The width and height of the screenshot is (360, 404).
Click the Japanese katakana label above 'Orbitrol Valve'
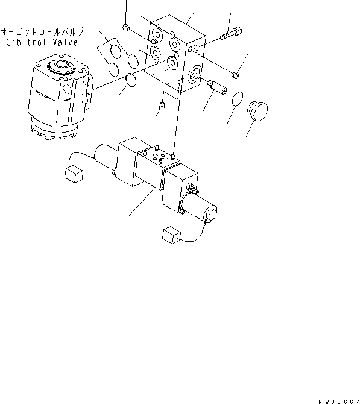coord(42,31)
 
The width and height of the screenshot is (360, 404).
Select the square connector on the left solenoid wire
coord(72,174)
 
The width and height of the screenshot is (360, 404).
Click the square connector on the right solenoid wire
coord(171,236)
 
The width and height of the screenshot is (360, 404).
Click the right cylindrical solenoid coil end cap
coord(210,214)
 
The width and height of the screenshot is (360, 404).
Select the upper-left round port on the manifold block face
coord(158,34)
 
